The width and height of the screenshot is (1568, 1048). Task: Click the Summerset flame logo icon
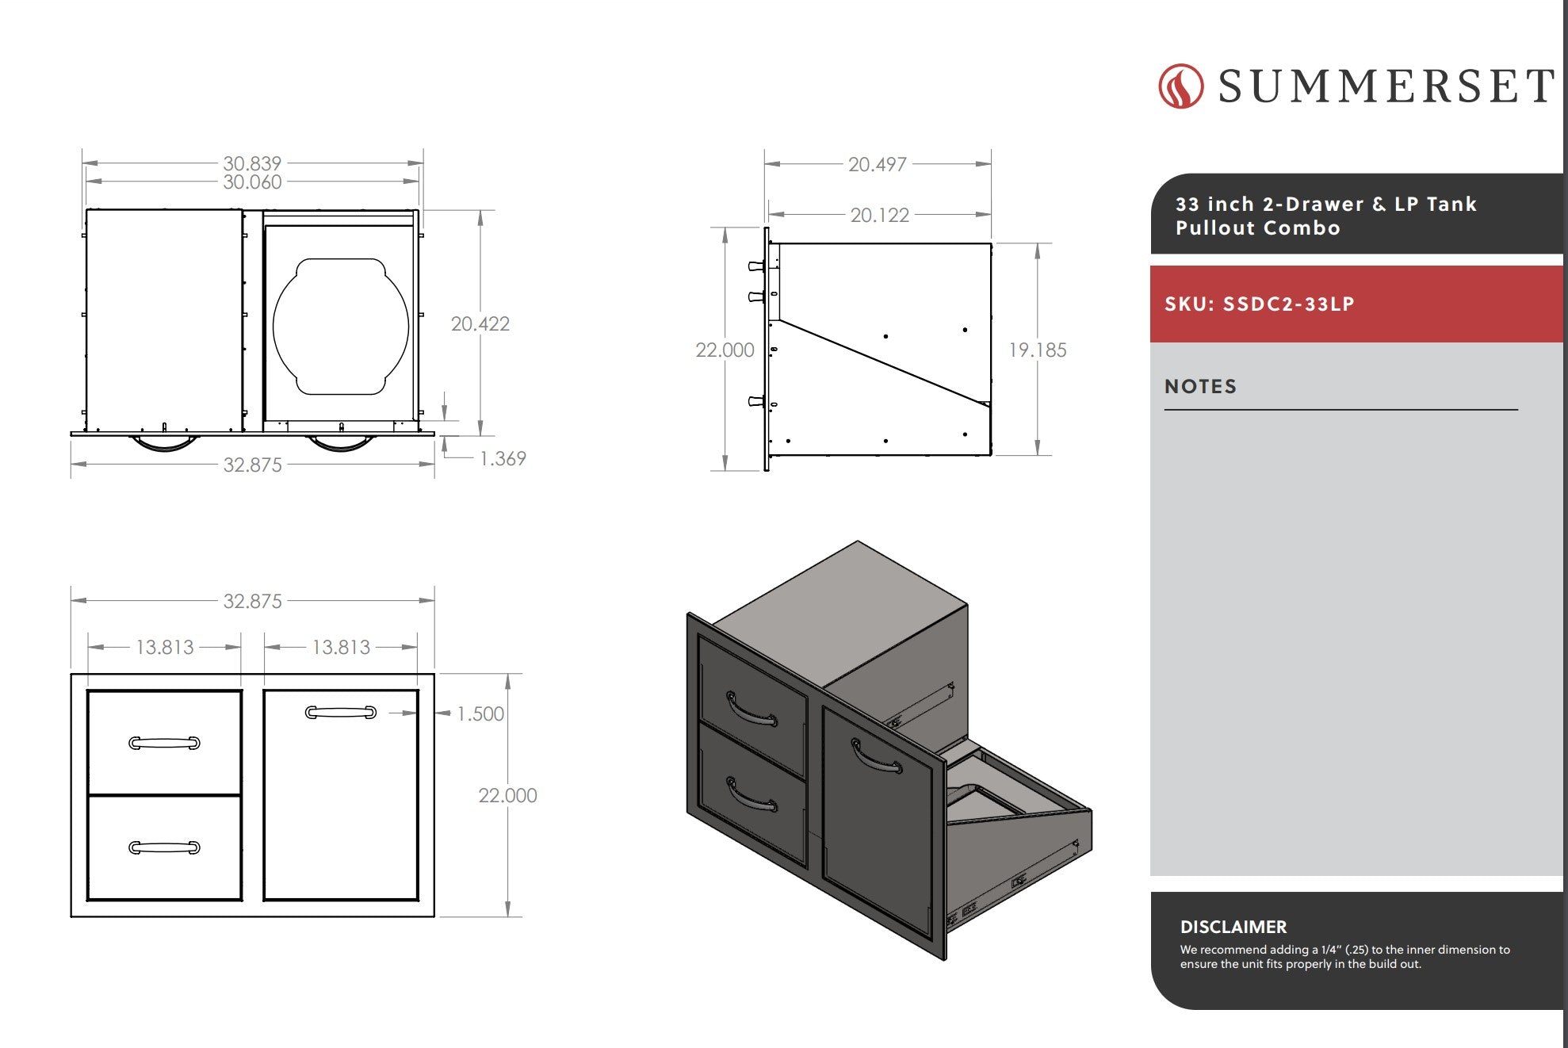1180,86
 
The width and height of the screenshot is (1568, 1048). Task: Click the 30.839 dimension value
252,163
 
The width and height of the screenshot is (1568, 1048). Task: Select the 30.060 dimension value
252,182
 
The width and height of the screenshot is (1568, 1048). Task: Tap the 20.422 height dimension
480,323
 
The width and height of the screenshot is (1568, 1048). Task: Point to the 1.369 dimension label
503,458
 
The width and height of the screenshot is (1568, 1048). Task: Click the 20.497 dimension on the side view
877,164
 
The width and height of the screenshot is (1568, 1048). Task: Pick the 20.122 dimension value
879,215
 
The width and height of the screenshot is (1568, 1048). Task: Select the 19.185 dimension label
1037,350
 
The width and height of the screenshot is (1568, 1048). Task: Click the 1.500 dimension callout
480,713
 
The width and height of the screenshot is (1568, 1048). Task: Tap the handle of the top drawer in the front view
164,743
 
